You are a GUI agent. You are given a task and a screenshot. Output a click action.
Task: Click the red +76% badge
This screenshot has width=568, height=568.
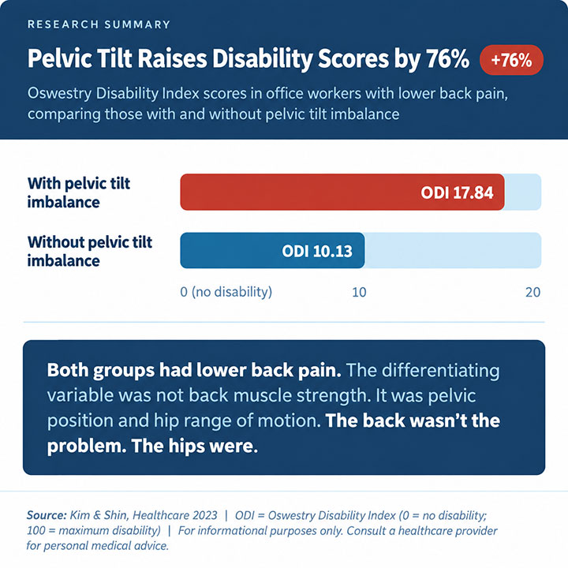511,60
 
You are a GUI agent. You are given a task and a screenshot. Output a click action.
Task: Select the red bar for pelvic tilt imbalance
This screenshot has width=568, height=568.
342,192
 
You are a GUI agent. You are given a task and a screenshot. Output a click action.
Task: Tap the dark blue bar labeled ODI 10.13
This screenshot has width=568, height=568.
272,251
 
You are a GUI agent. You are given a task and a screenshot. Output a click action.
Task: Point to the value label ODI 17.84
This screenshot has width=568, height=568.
457,192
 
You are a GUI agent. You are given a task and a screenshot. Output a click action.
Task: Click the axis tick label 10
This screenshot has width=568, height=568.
359,293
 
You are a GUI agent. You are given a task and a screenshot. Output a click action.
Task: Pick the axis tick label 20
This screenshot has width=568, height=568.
532,293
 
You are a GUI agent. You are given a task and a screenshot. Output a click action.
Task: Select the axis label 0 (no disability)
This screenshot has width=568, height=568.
226,292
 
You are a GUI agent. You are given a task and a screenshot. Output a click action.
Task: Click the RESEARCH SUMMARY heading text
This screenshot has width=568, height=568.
99,24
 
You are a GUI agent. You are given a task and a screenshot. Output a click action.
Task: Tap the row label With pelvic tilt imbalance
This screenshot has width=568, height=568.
79,192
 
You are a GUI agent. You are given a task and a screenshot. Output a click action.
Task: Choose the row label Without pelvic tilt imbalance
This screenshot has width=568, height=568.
90,252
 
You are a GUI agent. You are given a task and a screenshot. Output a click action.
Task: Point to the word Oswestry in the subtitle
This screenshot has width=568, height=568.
60,93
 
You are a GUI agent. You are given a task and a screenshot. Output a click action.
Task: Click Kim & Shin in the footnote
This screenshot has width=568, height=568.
99,515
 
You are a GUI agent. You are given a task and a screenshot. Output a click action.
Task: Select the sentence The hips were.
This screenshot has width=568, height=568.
195,446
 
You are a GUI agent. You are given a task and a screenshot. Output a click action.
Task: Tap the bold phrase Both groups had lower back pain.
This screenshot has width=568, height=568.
194,371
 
